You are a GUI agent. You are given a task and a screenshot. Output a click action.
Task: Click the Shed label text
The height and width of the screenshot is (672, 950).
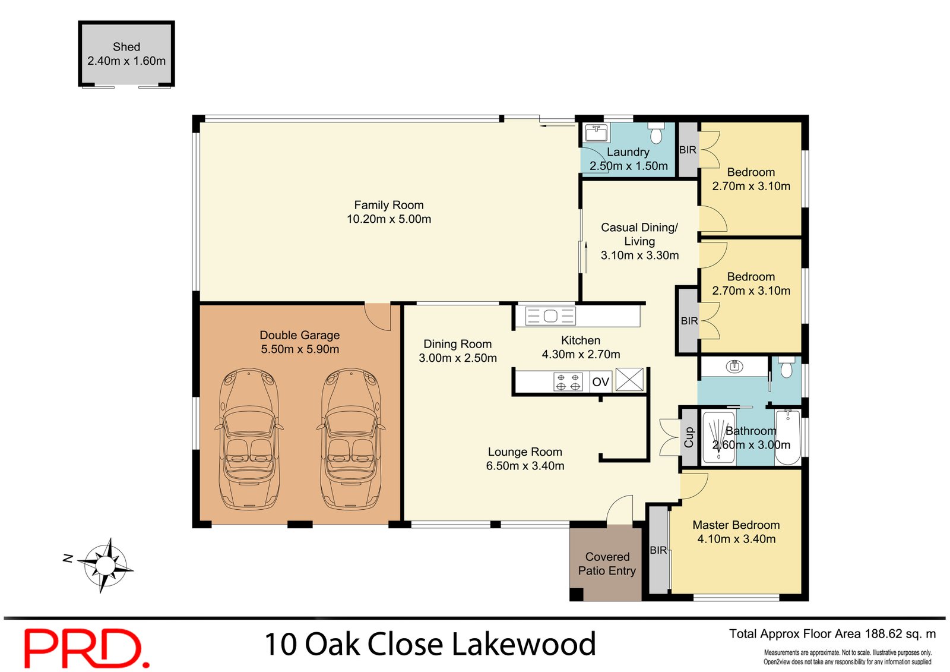(x=126, y=47)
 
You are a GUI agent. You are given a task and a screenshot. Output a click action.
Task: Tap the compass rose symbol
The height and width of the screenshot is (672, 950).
(x=106, y=565)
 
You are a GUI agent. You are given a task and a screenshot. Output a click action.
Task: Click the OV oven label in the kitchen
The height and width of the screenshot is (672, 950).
(x=601, y=382)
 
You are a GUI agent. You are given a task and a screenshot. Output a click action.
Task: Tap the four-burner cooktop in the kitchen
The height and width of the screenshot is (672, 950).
(x=568, y=381)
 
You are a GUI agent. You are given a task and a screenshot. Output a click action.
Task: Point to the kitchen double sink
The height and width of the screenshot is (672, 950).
(x=550, y=316)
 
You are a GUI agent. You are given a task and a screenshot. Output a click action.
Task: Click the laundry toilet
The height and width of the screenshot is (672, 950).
(x=655, y=134)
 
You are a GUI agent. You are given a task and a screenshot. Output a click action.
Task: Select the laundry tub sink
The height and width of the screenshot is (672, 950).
(x=596, y=132)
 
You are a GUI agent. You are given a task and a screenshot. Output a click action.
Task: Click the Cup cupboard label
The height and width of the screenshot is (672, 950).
(x=689, y=437)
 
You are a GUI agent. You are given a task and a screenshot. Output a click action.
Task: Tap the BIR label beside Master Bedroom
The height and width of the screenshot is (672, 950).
(x=658, y=550)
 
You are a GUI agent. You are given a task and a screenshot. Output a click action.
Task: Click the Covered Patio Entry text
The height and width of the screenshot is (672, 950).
(x=607, y=564)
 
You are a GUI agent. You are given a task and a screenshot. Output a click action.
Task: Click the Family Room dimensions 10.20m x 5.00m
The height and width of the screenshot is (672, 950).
(x=389, y=219)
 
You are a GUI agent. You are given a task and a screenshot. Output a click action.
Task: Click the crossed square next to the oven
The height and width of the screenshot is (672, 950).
(x=629, y=380)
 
